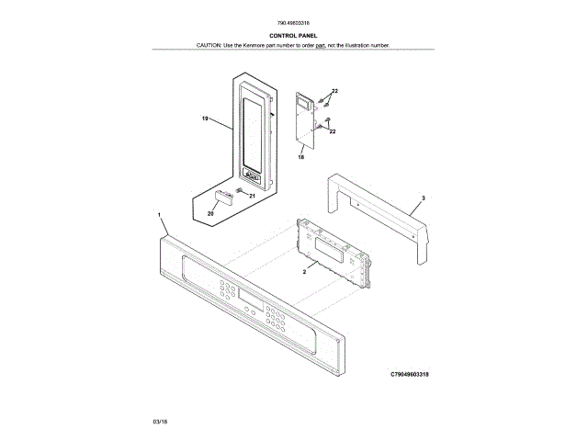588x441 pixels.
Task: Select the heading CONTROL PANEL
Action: tap(293, 36)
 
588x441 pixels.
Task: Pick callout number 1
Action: tap(159, 214)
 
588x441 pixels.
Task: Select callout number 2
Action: tap(304, 273)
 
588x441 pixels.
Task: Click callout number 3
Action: tap(423, 198)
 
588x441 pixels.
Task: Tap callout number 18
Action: tap(300, 158)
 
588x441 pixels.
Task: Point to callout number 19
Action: tap(206, 119)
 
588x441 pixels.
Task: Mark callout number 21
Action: tap(252, 196)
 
